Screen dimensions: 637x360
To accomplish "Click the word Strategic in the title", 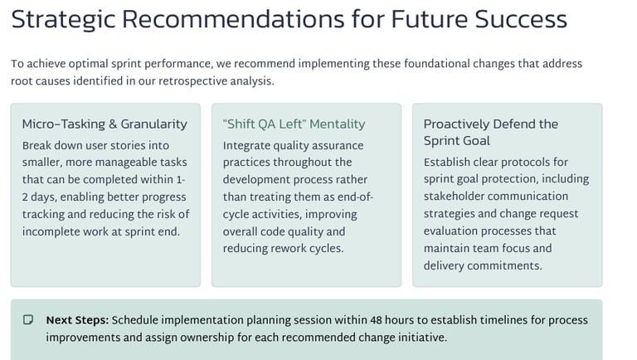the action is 63,20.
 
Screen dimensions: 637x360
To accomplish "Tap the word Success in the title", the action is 521,19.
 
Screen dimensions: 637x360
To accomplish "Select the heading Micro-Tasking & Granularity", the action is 105,124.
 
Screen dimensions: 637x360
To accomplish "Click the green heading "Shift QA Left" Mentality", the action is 294,124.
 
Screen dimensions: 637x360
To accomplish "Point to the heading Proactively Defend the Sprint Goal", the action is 491,132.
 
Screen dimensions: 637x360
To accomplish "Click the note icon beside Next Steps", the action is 28,320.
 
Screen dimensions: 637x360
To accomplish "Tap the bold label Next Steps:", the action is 77,320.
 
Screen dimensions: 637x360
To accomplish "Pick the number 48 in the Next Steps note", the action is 376,320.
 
